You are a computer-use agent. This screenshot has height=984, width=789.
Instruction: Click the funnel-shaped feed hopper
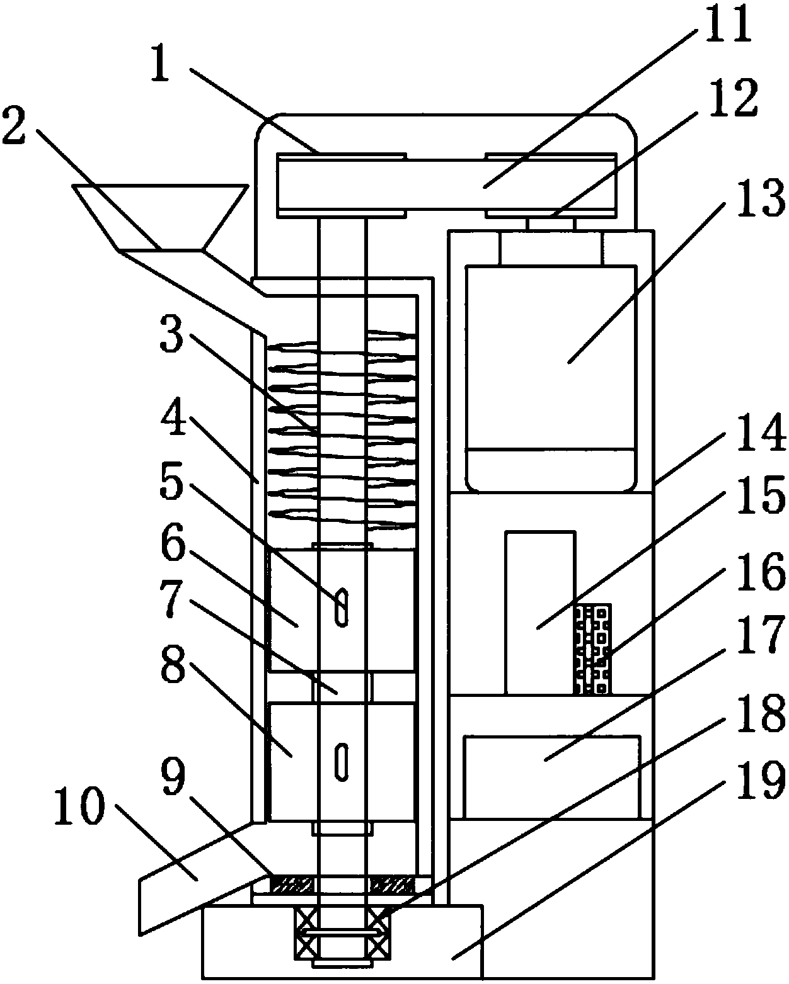(160, 218)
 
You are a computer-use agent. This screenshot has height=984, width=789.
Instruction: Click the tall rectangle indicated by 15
(540, 613)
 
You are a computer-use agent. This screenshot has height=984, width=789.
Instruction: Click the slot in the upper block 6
(342, 607)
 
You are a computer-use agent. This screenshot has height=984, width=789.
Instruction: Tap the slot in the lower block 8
(342, 762)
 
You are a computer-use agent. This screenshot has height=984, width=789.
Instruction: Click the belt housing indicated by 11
(446, 184)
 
